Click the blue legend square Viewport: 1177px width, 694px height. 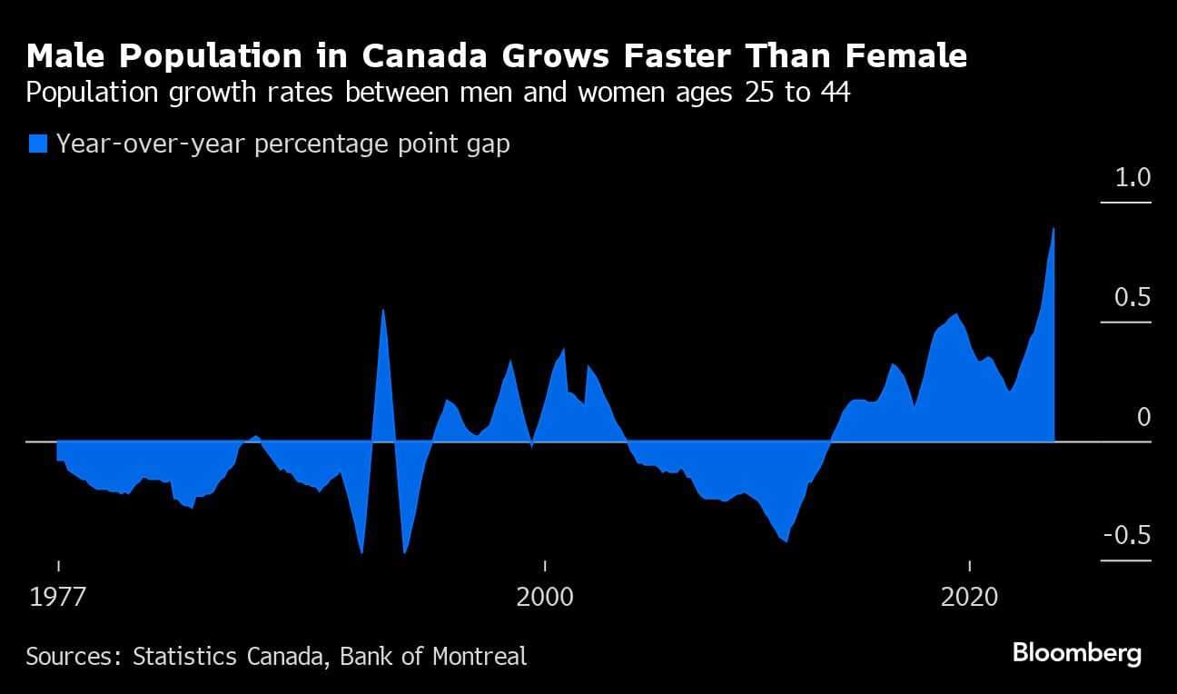point(37,144)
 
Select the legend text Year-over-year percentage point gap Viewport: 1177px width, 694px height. point(282,144)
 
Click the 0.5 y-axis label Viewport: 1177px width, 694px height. point(1132,298)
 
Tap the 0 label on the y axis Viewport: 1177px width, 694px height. point(1143,417)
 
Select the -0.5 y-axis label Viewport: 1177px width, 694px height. point(1126,536)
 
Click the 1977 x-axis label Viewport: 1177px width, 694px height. point(58,598)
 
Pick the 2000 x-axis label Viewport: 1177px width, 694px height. point(545,598)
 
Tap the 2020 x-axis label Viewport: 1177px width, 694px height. point(970,598)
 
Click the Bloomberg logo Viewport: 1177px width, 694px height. point(1076,653)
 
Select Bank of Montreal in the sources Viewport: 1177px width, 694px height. point(433,656)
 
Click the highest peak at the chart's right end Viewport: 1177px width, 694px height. point(1053,229)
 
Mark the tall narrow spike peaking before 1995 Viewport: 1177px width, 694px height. point(383,311)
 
